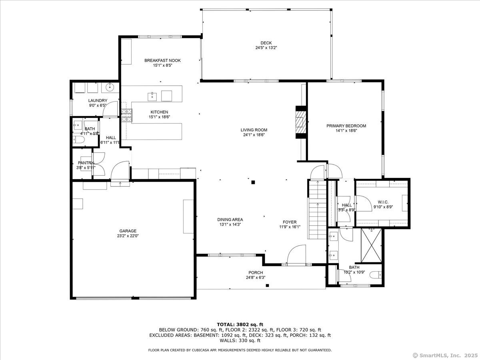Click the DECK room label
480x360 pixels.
(266, 43)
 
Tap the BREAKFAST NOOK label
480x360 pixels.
(162, 60)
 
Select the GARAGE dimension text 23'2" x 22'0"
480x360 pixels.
(128, 236)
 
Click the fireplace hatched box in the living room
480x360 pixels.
(301, 122)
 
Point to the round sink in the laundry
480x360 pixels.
(110, 88)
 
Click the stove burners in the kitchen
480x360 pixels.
(127, 115)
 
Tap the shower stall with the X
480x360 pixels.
(371, 246)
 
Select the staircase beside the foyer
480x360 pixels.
(317, 209)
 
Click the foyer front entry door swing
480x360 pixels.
(296, 255)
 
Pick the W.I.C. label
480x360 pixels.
(383, 202)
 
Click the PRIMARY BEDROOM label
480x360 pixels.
(346, 126)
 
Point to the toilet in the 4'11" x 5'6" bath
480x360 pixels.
(78, 140)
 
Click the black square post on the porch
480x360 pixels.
(267, 285)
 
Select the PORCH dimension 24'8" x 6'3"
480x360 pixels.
(256, 278)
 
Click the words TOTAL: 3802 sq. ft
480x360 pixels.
(240, 324)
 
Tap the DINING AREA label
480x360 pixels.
(230, 220)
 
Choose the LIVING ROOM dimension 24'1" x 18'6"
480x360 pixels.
(254, 135)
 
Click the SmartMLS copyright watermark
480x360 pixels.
(445, 355)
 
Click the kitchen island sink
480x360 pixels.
(152, 97)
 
